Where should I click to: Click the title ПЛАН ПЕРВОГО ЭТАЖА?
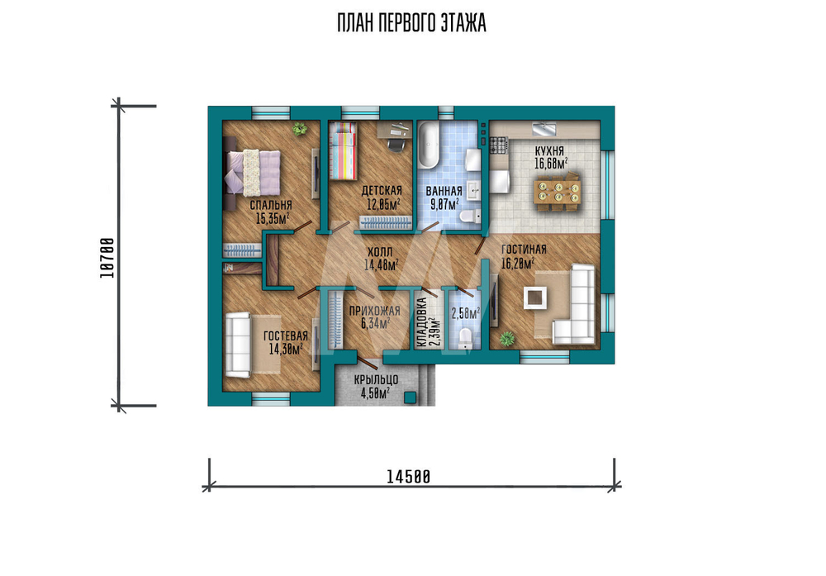pyautogui.click(x=411, y=23)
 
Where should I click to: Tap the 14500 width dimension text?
pyautogui.click(x=408, y=477)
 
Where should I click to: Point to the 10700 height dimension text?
pyautogui.click(x=107, y=258)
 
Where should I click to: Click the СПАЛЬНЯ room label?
pyautogui.click(x=271, y=205)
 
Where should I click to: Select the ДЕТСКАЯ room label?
pyautogui.click(x=382, y=190)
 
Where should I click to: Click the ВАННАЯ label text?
pyautogui.click(x=444, y=191)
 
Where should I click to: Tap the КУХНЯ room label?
pyautogui.click(x=549, y=151)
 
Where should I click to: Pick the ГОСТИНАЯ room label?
pyautogui.click(x=524, y=250)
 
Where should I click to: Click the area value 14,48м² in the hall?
pyautogui.click(x=382, y=264)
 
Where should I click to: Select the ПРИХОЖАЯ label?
pyautogui.click(x=374, y=311)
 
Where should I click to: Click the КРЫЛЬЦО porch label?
pyautogui.click(x=376, y=379)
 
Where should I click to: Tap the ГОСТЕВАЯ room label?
pyautogui.click(x=286, y=336)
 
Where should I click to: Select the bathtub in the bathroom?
pyautogui.click(x=428, y=145)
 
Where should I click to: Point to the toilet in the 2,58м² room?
pyautogui.click(x=466, y=338)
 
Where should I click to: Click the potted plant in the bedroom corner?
pyautogui.click(x=300, y=128)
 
